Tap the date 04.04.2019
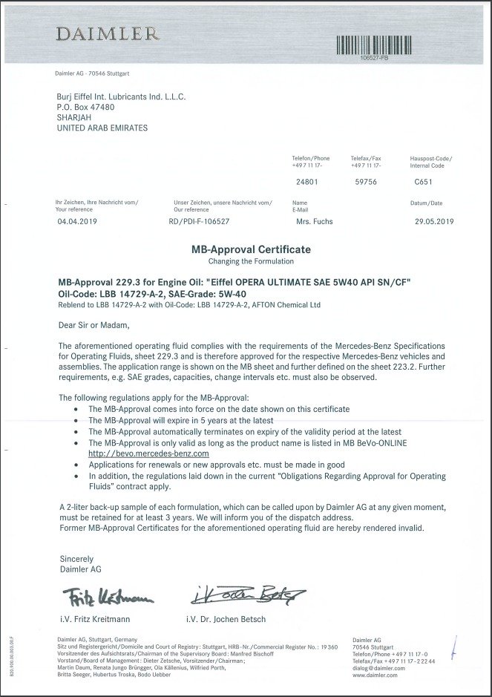(x=76, y=221)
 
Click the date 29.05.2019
(x=433, y=221)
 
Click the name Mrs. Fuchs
(x=315, y=221)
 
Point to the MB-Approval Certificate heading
(x=246, y=249)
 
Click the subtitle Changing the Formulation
(x=246, y=261)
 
